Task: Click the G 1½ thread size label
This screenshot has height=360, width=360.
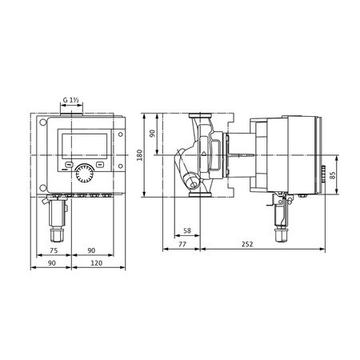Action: [x=71, y=100]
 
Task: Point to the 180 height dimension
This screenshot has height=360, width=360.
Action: [x=140, y=155]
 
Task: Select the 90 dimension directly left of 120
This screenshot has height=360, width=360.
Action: [x=52, y=263]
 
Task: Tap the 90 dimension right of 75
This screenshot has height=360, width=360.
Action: [x=91, y=249]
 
